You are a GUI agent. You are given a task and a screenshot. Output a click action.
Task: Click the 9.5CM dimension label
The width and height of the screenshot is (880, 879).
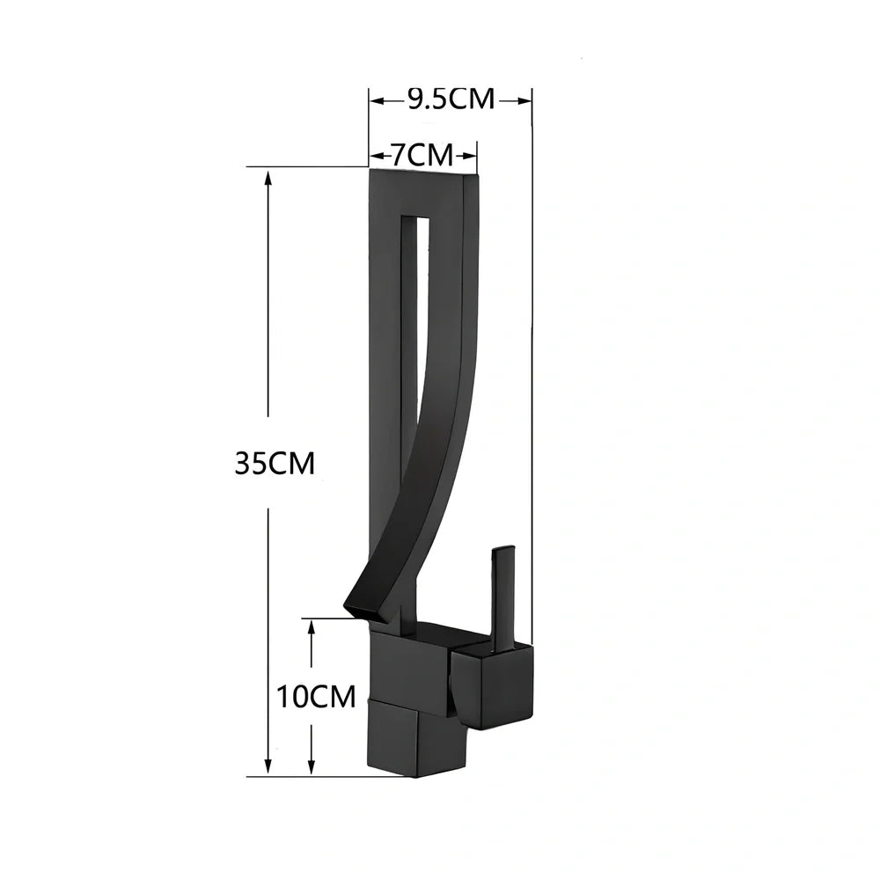click(x=451, y=99)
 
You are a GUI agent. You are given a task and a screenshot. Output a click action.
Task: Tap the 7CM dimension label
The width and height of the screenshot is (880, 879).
click(x=422, y=156)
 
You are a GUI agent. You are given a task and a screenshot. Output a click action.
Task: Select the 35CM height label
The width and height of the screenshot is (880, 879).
click(x=275, y=463)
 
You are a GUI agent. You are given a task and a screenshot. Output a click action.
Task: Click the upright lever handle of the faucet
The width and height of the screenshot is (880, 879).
click(x=502, y=598)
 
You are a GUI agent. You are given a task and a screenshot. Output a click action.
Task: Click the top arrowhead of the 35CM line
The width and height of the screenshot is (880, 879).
click(x=269, y=176)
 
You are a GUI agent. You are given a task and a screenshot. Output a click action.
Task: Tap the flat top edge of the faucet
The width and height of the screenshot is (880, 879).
click(x=422, y=172)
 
